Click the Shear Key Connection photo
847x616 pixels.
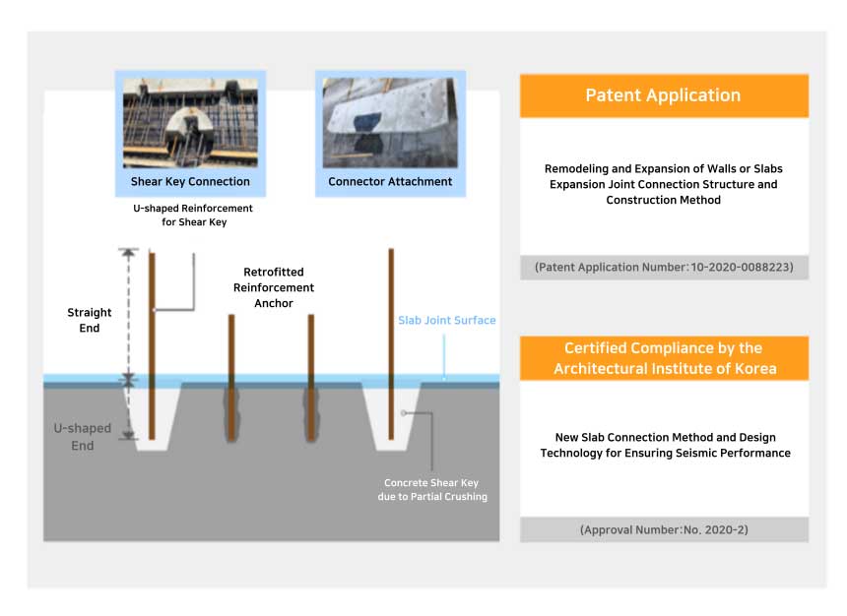tap(190, 123)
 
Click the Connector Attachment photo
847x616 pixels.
tap(390, 123)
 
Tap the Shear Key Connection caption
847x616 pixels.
tap(190, 182)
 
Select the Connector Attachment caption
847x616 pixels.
tap(390, 182)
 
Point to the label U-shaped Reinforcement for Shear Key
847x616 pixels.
tap(193, 216)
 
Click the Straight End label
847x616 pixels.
tap(90, 320)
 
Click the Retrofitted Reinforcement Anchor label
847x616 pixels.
tap(274, 287)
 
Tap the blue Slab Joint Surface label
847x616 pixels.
tap(446, 321)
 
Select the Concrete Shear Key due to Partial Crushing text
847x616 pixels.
tap(433, 490)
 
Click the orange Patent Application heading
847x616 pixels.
tap(663, 95)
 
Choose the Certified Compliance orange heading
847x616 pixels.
tap(663, 358)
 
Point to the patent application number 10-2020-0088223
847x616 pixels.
tap(664, 267)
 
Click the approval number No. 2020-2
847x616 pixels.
tap(664, 529)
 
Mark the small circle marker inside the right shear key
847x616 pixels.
tap(404, 412)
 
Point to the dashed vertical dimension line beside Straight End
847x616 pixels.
tap(126, 313)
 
